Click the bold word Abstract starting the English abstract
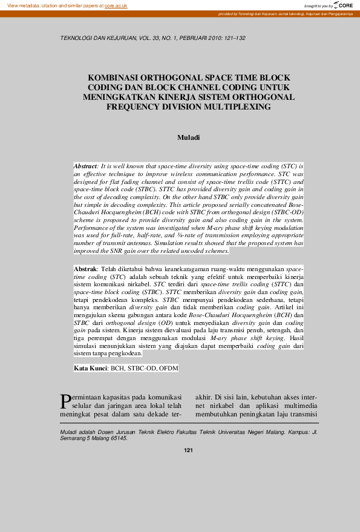pyautogui.click(x=85, y=165)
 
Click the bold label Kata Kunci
pyautogui.click(x=90, y=368)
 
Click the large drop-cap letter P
pyautogui.click(x=66, y=401)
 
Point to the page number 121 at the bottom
pyautogui.click(x=188, y=450)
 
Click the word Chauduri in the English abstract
pyautogui.click(x=88, y=212)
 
